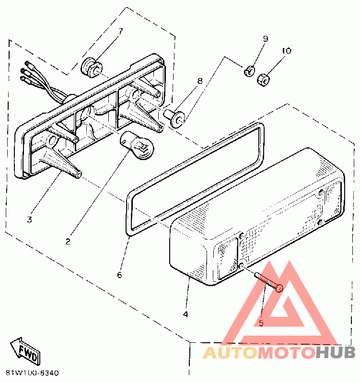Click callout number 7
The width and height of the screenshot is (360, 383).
[x=120, y=31]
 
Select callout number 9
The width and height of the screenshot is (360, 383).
[x=265, y=39]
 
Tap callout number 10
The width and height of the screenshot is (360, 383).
[x=286, y=50]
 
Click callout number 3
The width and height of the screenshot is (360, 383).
[x=29, y=220]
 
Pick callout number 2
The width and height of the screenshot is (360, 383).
[x=68, y=242]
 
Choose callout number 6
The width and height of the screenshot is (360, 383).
[x=119, y=275]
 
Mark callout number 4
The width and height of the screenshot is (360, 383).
[x=185, y=314]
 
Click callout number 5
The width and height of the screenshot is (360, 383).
[x=261, y=323]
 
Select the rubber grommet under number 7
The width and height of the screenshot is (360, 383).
[x=92, y=67]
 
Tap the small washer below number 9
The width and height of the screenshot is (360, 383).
[x=249, y=72]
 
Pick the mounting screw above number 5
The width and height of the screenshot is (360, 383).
[x=269, y=281]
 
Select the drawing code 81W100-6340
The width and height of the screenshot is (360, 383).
[x=33, y=372]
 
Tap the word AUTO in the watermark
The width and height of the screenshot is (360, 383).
[x=230, y=353]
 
